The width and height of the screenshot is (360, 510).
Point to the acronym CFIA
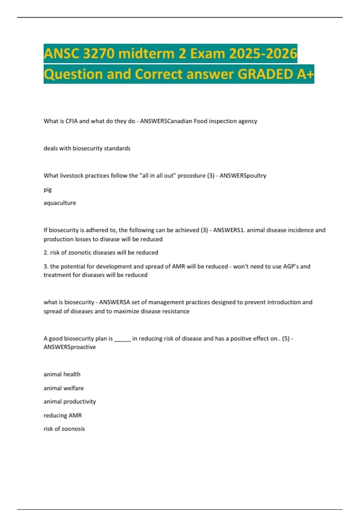[x=71, y=121]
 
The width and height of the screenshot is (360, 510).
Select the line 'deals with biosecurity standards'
[x=87, y=148]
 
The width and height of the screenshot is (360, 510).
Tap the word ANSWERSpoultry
[x=243, y=175]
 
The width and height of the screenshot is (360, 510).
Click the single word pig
[x=48, y=190]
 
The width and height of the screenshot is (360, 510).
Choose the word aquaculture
[x=60, y=203]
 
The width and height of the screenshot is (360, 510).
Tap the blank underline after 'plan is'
[x=122, y=339]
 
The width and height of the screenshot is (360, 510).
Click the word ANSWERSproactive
[x=70, y=347]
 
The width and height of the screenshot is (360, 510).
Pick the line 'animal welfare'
[x=64, y=388]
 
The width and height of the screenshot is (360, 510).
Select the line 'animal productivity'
[x=70, y=402]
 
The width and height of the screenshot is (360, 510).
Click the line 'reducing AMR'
[x=63, y=415]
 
